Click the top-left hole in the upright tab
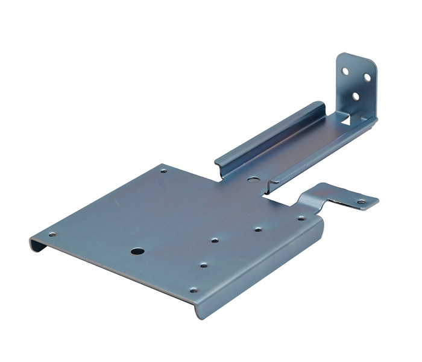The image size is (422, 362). pyautogui.click(x=345, y=71)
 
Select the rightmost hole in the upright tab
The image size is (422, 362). pyautogui.click(x=365, y=77)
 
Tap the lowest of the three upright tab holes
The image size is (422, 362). pyautogui.click(x=355, y=95)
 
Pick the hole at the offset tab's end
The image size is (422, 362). pyautogui.click(x=361, y=202)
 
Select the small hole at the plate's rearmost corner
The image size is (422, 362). pyautogui.click(x=164, y=171)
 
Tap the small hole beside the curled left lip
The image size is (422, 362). pyautogui.click(x=52, y=234)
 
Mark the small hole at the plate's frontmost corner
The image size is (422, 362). pyautogui.click(x=193, y=290)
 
